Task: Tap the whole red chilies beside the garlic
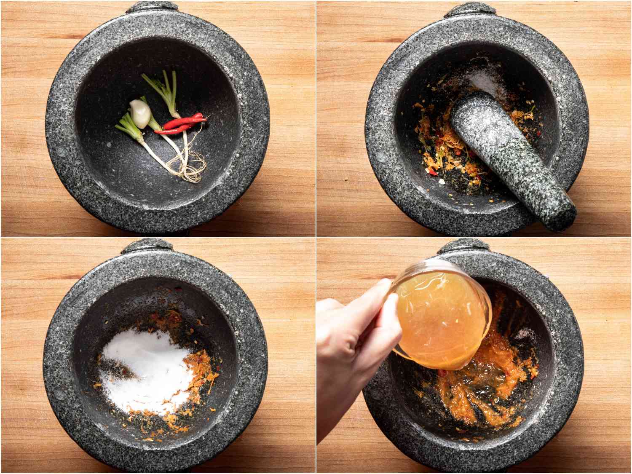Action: pyautogui.click(x=181, y=124)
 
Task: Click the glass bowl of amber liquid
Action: pyautogui.click(x=442, y=316)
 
